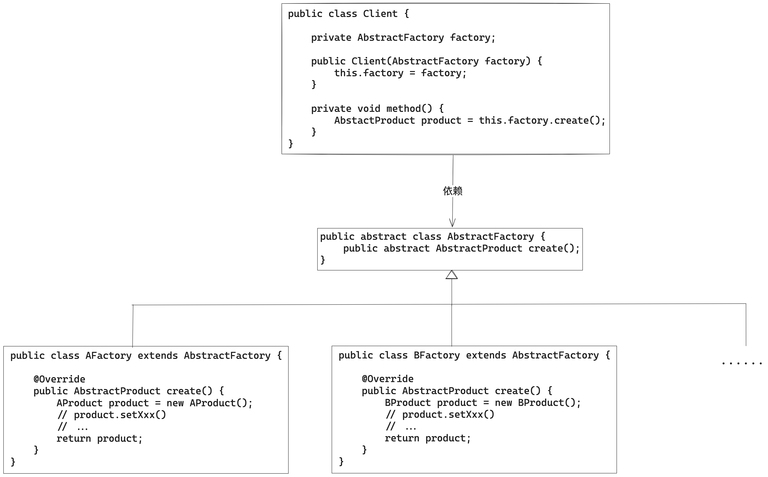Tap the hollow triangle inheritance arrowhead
(x=452, y=275)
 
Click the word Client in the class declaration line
(x=380, y=14)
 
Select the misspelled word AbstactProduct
(x=374, y=120)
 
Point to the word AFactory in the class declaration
(x=109, y=356)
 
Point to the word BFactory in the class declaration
(x=437, y=355)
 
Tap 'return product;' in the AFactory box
(x=99, y=439)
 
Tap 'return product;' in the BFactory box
(x=428, y=438)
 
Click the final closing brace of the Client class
(x=291, y=144)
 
